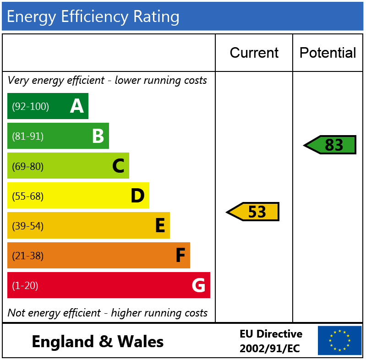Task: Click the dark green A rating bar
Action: tap(48, 106)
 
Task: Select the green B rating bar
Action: tap(58, 136)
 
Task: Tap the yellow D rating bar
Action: tap(78, 196)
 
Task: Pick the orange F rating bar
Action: tap(98, 256)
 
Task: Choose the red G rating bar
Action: tap(109, 285)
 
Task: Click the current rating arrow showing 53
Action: tap(253, 212)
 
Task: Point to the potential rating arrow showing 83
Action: tap(330, 145)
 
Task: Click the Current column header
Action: tap(254, 53)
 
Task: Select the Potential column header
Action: tap(328, 53)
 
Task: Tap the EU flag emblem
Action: tap(339, 340)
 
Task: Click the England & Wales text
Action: tap(98, 342)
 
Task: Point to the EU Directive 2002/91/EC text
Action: tap(271, 341)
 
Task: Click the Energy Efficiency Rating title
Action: tap(93, 16)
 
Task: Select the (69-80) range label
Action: tap(27, 166)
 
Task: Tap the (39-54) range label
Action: tap(27, 226)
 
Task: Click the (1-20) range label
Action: tap(25, 286)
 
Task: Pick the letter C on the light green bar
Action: tap(118, 166)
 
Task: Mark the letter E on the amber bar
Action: tap(159, 226)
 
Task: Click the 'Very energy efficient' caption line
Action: tap(107, 81)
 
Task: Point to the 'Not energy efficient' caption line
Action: tap(107, 313)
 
